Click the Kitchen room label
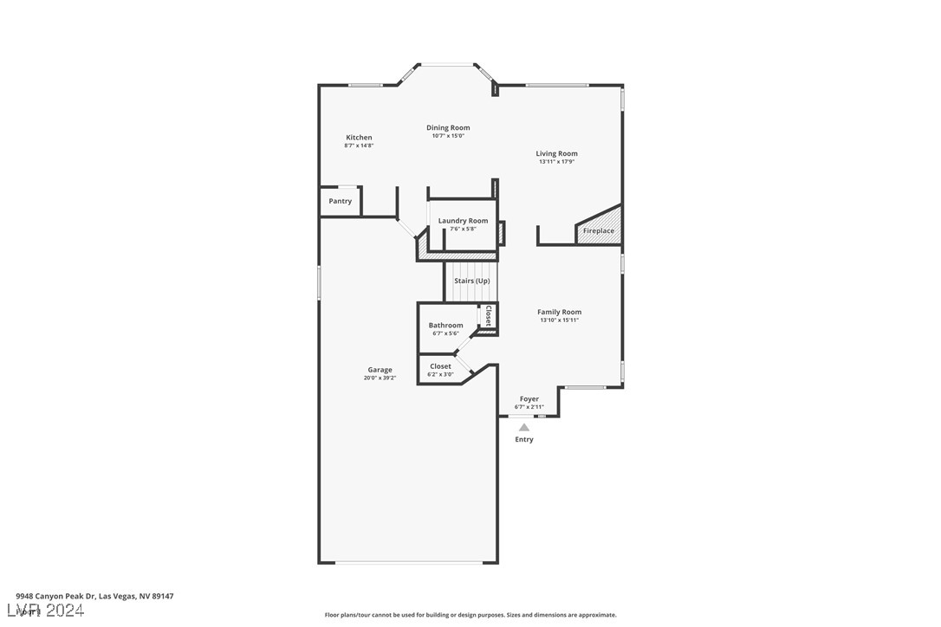tap(359, 138)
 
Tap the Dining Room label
tap(448, 128)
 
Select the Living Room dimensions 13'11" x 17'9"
tap(556, 162)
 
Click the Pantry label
tap(341, 202)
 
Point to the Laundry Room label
tap(463, 221)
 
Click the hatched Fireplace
tap(599, 229)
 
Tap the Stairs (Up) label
tap(471, 281)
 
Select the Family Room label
tap(559, 312)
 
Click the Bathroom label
tap(445, 326)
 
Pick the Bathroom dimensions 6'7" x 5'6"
tap(445, 333)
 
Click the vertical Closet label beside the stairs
tap(489, 315)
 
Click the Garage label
tap(380, 370)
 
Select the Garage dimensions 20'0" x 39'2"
tap(380, 378)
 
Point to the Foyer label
tap(529, 399)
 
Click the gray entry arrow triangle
tap(524, 427)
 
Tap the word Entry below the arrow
tap(524, 440)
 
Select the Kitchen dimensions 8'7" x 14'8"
tap(359, 145)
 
